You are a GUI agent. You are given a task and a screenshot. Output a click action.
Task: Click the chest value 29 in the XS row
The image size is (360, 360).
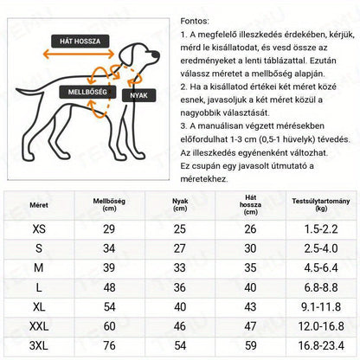[109, 229]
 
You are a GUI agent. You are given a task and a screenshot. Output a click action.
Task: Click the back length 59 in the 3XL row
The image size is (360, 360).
[250, 345]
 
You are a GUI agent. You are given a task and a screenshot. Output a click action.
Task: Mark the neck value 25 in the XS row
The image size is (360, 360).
[180, 229]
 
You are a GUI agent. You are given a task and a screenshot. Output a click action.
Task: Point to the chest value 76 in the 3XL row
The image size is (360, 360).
[109, 345]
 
